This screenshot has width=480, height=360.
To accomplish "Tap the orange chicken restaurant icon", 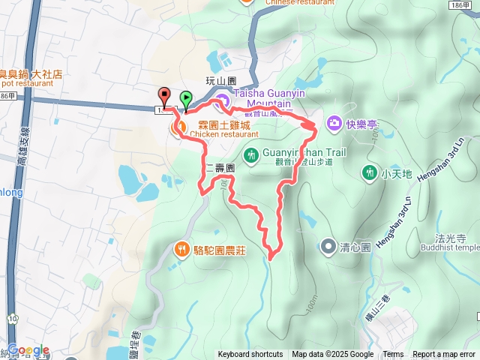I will [178, 129].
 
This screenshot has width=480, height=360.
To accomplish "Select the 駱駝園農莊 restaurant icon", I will [181, 250].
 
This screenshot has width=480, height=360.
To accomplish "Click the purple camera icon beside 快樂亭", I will [334, 122].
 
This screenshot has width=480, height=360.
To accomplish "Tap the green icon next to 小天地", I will [369, 173].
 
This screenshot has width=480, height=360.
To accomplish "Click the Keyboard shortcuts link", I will [250, 355].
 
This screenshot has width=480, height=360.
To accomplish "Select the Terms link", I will [393, 355].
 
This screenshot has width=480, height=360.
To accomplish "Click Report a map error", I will [445, 355].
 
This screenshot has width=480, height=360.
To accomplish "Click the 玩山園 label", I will [221, 79].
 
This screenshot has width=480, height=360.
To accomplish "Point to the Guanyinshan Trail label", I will [306, 151].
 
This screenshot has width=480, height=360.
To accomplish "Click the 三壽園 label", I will [221, 169].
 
